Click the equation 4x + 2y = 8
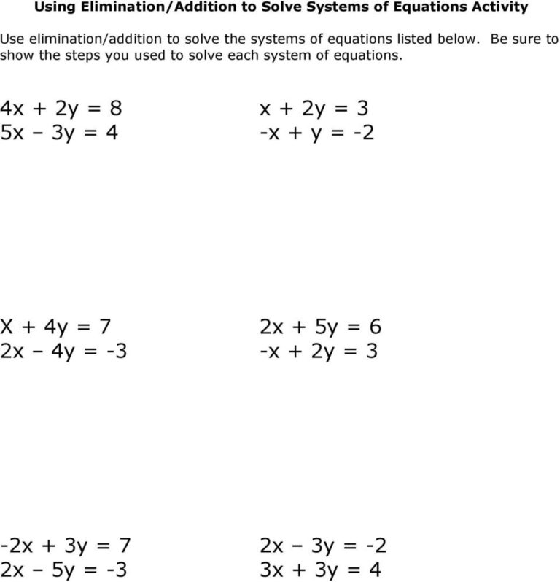62,109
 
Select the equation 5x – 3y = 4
59,134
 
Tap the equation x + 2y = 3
314,109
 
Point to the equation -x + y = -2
316,134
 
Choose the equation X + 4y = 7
58,326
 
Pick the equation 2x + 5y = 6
320,326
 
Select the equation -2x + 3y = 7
66,543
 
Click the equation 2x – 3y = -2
322,543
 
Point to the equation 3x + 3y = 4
320,568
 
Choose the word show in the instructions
16,55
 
